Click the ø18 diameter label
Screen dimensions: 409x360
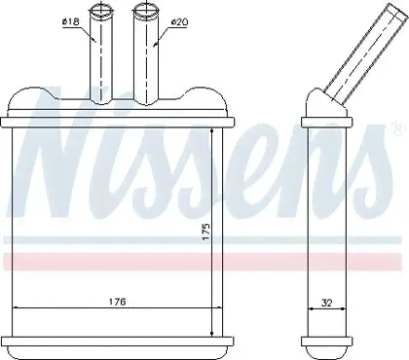70,22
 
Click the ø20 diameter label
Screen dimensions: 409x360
179,22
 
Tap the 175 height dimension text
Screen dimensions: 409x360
206,233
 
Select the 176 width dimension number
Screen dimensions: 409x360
117,302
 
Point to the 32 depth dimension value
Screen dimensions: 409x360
327,303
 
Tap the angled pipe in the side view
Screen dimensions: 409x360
365,51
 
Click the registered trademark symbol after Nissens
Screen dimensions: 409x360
397,128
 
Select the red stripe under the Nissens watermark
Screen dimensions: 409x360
202,261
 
